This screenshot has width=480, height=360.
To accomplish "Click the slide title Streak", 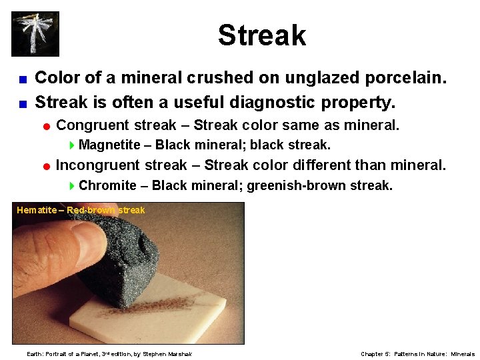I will tap(261, 35).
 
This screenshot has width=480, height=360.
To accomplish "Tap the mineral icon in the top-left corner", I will tap(35, 33).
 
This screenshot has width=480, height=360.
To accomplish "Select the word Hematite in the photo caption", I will tap(37, 210).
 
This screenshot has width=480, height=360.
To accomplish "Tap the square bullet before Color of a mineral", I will tap(23, 79).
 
